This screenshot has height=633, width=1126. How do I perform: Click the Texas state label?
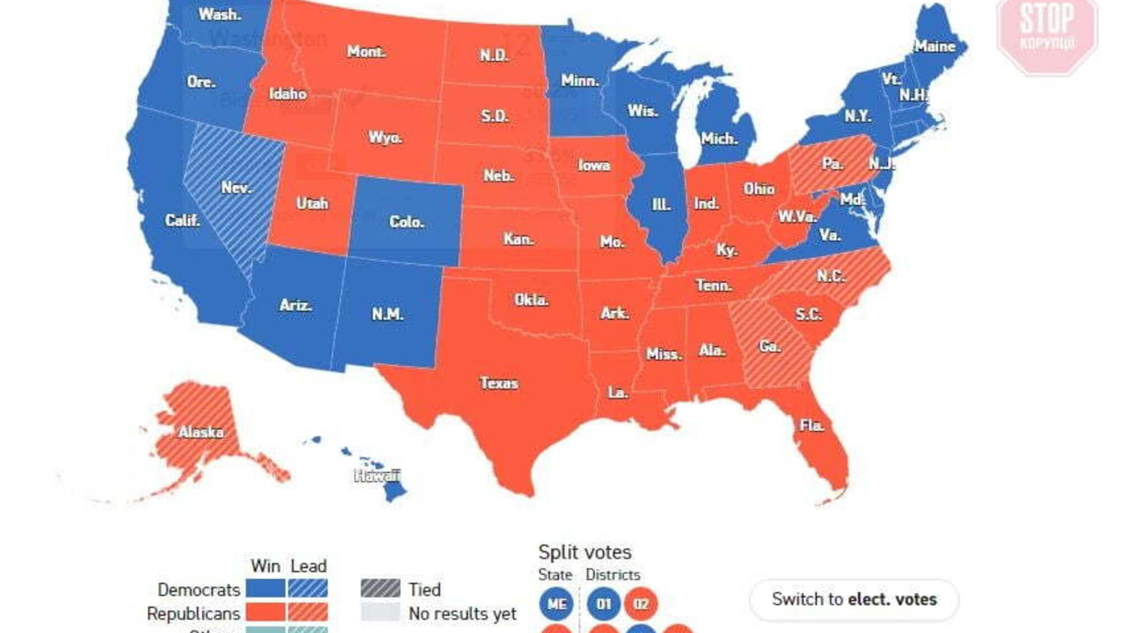coord(499,383)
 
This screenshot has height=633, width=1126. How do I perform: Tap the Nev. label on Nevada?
coord(235,187)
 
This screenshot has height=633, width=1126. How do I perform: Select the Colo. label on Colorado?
coord(406,222)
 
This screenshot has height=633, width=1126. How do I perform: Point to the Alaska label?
coord(202,432)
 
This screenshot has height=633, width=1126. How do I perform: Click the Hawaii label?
coord(377,476)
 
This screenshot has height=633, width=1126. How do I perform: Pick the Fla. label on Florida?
coord(812,426)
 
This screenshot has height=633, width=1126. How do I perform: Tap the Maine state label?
coord(934,46)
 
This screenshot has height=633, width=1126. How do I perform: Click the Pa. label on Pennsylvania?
coord(832,164)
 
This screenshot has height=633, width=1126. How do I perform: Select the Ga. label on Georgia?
coord(770,346)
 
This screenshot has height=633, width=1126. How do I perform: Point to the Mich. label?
coord(719,138)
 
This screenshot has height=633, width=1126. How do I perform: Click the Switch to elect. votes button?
coord(854,599)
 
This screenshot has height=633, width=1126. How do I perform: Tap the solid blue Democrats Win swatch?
coord(266,589)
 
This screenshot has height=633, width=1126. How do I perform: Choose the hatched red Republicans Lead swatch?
coord(308,612)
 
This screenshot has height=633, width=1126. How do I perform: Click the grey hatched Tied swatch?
coord(380,589)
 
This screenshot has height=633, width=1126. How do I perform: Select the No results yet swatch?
coord(380,613)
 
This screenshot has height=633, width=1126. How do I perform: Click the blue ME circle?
coord(556,604)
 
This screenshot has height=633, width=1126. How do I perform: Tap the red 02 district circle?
coord(641,604)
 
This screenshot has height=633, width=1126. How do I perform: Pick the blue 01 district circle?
coord(603,604)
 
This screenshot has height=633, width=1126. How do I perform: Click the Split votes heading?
coord(584,552)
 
